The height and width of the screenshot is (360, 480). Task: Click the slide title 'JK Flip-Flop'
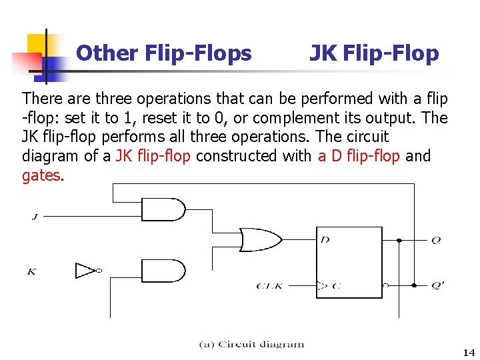374,53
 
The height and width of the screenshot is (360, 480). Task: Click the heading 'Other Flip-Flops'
164,53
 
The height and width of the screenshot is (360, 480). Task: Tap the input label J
34,216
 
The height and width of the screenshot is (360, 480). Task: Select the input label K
31,271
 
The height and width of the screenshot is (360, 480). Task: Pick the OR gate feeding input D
260,239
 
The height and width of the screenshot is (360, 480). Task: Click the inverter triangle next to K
86,271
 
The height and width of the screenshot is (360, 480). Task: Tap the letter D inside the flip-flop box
325,239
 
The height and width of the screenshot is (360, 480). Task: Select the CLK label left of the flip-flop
270,286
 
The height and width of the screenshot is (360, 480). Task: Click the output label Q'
437,285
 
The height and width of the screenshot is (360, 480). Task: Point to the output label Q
436,240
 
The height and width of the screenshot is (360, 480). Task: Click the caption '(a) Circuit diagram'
251,345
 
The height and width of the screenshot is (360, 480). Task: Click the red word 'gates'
41,175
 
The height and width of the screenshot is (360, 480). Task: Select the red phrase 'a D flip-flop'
359,156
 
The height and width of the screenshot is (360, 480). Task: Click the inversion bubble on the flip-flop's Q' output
386,285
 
